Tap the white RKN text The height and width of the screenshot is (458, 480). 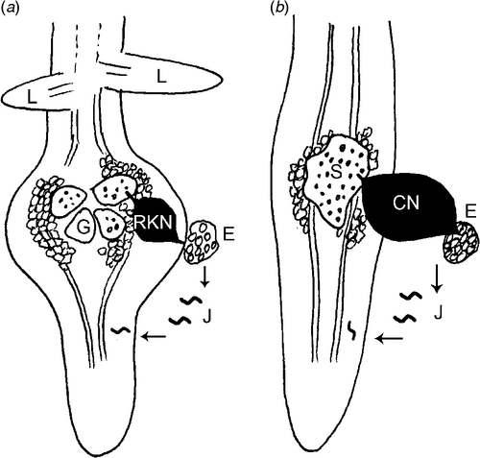click(153, 224)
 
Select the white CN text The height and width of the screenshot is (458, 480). click(406, 204)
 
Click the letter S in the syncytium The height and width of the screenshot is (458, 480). click(337, 173)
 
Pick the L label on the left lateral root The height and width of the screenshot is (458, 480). click(32, 98)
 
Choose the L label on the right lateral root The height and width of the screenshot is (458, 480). click(161, 78)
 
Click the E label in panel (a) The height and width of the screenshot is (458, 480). click(228, 234)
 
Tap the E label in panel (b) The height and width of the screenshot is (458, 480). click(471, 213)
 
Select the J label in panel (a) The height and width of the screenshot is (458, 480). click(206, 316)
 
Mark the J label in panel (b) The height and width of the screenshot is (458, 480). click(439, 313)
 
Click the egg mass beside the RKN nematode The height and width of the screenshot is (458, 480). click(202, 243)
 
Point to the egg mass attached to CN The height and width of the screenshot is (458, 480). click(461, 242)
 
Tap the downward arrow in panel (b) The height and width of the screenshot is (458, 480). click(438, 278)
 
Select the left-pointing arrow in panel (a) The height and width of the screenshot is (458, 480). click(154, 336)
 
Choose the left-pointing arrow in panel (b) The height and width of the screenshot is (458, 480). click(390, 338)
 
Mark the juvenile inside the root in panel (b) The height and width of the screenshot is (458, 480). click(352, 331)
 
